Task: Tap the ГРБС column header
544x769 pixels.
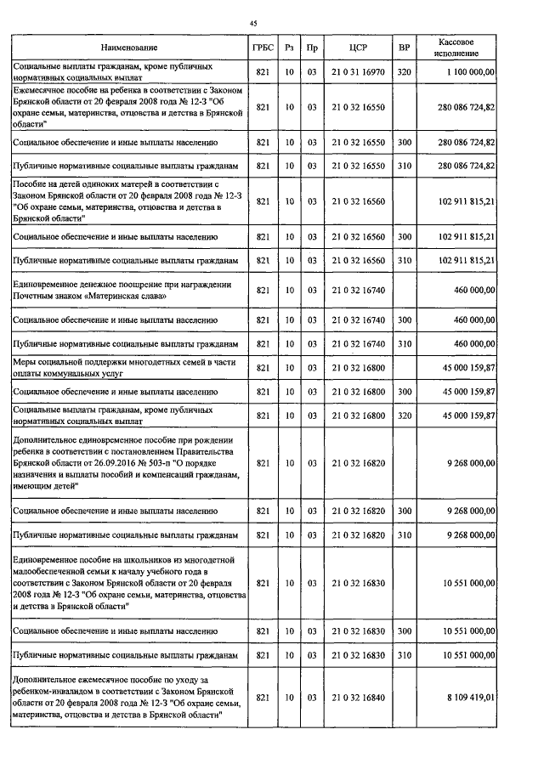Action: click(x=262, y=47)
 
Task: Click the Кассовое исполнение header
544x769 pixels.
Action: click(x=456, y=47)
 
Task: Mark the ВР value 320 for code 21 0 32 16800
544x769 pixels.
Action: click(x=404, y=416)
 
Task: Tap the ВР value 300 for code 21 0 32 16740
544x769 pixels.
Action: click(x=404, y=320)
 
